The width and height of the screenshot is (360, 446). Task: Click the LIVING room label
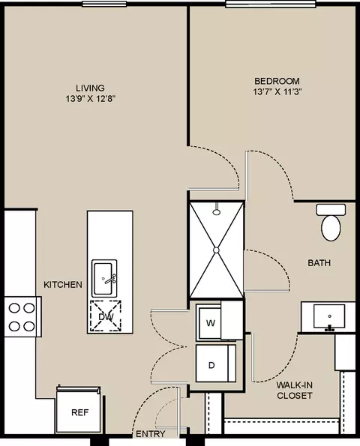(90, 88)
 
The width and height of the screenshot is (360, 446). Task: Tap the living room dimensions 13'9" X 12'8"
(91, 99)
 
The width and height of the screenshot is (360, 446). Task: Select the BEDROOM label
(277, 81)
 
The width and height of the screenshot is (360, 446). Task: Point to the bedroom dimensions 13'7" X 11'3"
(277, 92)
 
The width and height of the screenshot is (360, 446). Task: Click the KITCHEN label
(63, 284)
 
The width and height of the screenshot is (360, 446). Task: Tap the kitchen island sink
(104, 278)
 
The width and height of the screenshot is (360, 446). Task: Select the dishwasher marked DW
(106, 316)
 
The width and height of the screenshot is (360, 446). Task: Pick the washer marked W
(211, 322)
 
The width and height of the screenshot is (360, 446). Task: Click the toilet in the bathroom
(331, 223)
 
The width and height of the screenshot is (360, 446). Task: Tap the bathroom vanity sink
(329, 316)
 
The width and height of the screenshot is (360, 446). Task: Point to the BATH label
(319, 263)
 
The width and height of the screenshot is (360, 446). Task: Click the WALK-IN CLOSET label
(295, 391)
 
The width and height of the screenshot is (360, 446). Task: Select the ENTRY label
(151, 434)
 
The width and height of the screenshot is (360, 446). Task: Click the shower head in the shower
(217, 209)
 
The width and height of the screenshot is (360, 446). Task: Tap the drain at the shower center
(216, 250)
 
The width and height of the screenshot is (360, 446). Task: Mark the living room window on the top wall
(104, 4)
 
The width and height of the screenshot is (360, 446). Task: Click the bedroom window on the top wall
(271, 4)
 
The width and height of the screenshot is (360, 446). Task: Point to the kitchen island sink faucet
(109, 279)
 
